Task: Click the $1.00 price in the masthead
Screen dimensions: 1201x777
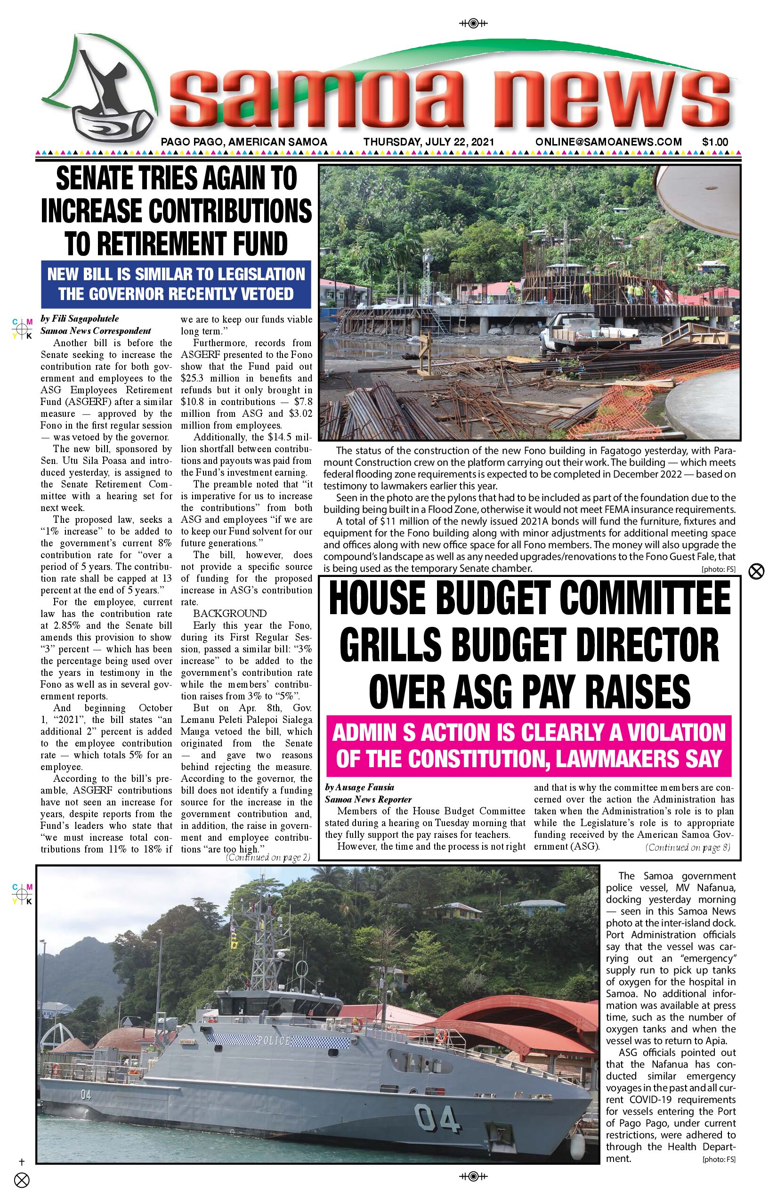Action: click(x=714, y=142)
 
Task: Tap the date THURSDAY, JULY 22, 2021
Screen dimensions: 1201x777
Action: click(x=429, y=142)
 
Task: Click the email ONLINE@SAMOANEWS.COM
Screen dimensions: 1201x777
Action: click(x=608, y=142)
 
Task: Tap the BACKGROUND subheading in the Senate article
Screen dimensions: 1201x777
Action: click(x=230, y=614)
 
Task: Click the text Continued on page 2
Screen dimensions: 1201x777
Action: click(x=267, y=857)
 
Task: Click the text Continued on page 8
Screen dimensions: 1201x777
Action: click(x=687, y=847)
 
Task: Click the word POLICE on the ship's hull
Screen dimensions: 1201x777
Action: click(x=274, y=1040)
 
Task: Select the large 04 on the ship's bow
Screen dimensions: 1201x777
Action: click(x=437, y=1119)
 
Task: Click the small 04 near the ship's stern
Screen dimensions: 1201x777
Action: click(x=86, y=1095)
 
